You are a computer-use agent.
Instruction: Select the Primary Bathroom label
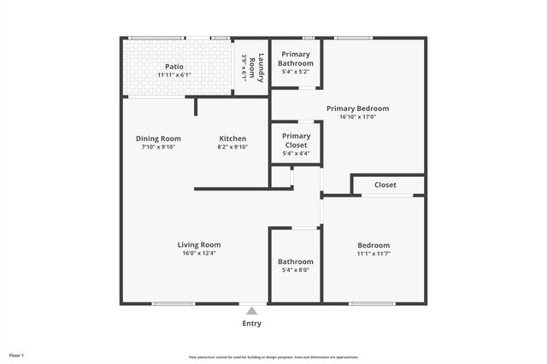296,59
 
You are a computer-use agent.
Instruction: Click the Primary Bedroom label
358,109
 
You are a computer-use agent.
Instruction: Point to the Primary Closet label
296,140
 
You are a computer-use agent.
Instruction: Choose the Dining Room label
158,138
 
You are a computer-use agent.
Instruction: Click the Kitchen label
232,138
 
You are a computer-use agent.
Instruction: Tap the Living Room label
199,244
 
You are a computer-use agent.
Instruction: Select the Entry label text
252,324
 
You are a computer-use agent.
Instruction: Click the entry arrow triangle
252,311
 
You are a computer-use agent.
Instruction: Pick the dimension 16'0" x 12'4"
199,254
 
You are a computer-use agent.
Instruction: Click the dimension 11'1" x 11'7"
373,254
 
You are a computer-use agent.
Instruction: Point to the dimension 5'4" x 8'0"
296,271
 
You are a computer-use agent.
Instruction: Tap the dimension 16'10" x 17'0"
358,118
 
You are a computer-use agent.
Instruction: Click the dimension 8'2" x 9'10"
232,147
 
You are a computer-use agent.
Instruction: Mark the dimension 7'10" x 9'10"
158,147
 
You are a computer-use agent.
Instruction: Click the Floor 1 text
17,355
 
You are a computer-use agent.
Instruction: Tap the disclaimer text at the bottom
273,357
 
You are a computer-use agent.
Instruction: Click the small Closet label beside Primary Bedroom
385,185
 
